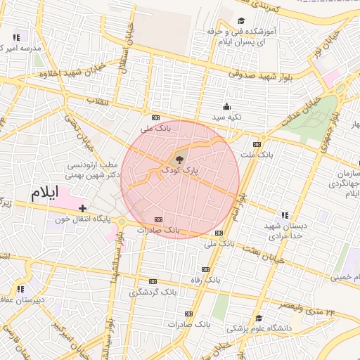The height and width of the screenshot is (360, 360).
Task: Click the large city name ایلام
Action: coord(43,192)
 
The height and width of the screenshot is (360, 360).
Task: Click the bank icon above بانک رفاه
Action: coord(205,269)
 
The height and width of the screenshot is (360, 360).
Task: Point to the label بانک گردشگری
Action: coord(151,291)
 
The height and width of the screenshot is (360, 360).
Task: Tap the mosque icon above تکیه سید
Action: coord(226,107)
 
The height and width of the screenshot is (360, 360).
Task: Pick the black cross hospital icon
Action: coord(83,207)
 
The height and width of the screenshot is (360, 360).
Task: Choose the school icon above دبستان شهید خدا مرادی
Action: coord(285,215)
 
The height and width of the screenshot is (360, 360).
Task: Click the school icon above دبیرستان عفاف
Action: coord(20,288)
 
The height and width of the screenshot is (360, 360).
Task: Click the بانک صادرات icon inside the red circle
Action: coord(166,219)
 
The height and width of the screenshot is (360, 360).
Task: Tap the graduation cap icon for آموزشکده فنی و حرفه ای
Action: coord(241,21)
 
